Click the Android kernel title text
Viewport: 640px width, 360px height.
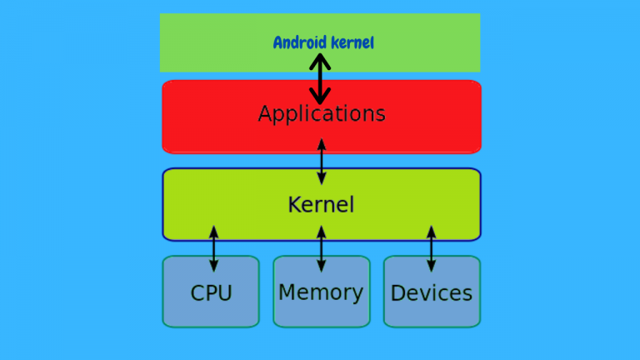click(323, 42)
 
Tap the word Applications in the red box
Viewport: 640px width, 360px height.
click(322, 113)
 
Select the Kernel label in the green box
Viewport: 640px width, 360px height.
click(322, 204)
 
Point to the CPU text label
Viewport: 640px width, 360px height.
click(211, 293)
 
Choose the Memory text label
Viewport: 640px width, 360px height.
click(321, 292)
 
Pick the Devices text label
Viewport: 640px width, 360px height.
click(432, 293)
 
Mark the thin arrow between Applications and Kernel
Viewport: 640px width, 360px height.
click(322, 162)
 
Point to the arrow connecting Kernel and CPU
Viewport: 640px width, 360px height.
click(213, 248)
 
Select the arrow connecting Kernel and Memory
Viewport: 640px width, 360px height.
click(322, 248)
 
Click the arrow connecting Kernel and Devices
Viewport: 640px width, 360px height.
click(431, 248)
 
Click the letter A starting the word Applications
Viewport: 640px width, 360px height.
click(266, 113)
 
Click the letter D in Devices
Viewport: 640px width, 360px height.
click(397, 293)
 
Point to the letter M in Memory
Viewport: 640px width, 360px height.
click(287, 292)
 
